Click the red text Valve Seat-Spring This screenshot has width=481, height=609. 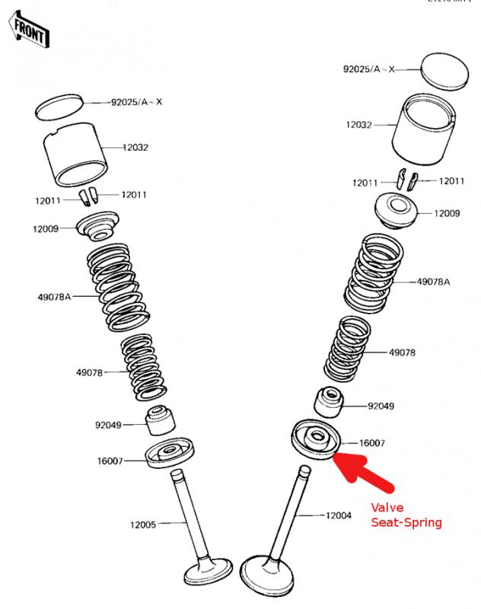(406, 515)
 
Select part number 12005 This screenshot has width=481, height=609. (142, 525)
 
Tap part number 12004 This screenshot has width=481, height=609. (339, 515)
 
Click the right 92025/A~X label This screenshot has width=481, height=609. (368, 69)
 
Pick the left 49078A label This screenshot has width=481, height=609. (56, 297)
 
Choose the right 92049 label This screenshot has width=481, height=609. (381, 406)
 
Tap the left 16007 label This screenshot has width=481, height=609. (110, 460)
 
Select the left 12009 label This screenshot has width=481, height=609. (46, 228)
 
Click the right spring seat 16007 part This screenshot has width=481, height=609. (314, 440)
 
